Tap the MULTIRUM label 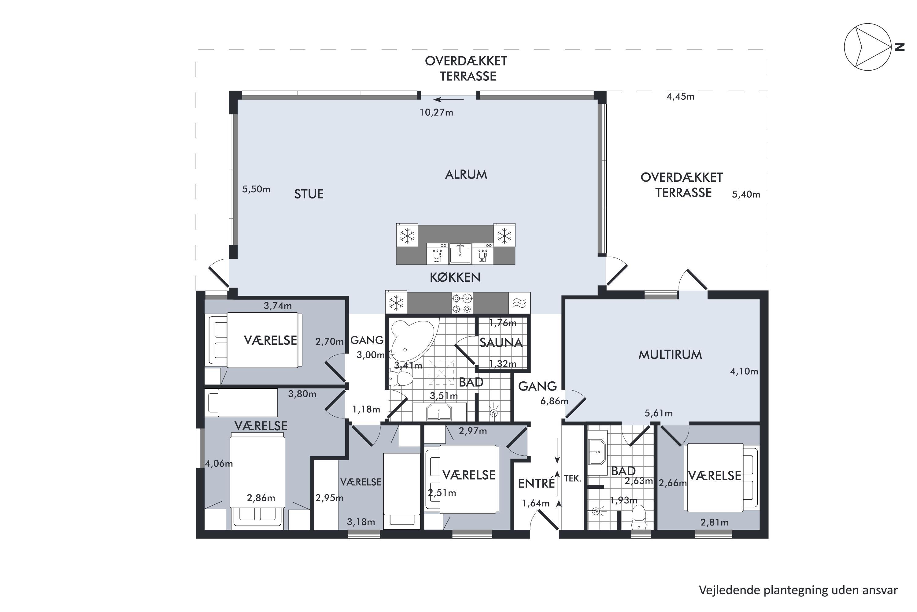(670, 355)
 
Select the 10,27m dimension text (436, 113)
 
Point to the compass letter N (900, 47)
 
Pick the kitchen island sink (460, 254)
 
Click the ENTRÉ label (537, 484)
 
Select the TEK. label (572, 479)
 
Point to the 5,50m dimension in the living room (256, 190)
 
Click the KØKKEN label (455, 277)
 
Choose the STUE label (309, 195)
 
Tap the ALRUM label (466, 175)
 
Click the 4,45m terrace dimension (681, 97)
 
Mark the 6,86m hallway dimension (554, 401)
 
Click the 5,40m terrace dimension (746, 195)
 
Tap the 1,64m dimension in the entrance (536, 503)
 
